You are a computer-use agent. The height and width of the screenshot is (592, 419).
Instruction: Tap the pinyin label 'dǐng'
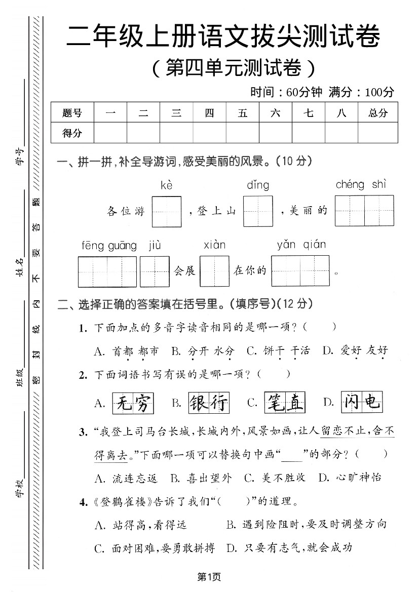258,185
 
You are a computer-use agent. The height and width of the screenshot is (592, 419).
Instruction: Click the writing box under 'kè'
166,211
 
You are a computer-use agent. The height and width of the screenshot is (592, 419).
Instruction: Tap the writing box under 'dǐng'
258,211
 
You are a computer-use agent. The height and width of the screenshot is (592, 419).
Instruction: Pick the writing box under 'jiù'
155,271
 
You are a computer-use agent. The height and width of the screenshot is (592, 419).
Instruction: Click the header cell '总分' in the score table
377,113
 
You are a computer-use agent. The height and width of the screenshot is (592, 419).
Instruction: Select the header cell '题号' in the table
72,113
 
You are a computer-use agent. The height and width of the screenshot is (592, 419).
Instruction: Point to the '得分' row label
72,133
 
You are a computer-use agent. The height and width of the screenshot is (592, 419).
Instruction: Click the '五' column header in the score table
243,113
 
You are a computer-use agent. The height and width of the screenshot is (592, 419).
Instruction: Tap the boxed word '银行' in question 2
208,403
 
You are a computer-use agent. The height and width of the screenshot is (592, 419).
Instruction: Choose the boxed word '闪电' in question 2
360,403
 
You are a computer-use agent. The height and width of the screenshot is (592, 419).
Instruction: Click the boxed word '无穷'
133,403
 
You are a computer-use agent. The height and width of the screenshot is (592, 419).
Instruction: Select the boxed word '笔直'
284,403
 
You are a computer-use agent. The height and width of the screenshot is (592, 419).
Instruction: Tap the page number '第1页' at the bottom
209,576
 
